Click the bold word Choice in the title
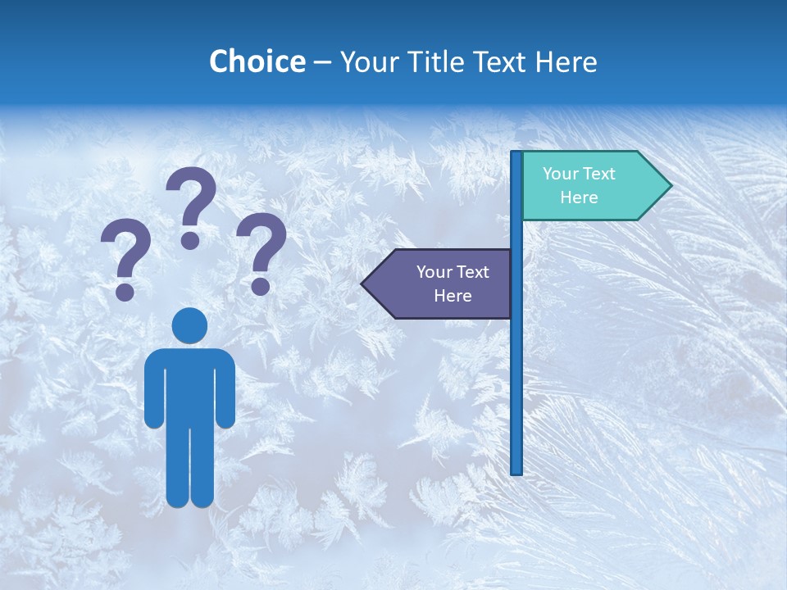257,61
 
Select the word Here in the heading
566,61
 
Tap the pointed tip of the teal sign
669,186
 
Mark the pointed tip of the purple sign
364,284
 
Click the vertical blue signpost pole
516,369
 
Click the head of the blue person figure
189,326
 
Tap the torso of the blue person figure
189,385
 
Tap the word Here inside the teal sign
579,197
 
